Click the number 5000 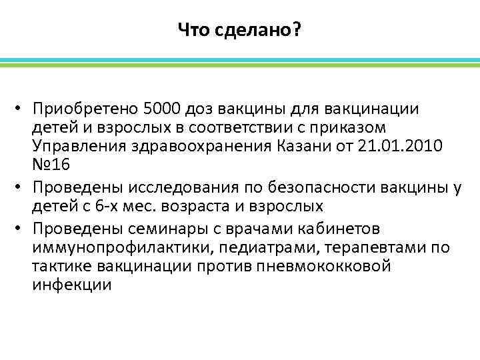[161, 109]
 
